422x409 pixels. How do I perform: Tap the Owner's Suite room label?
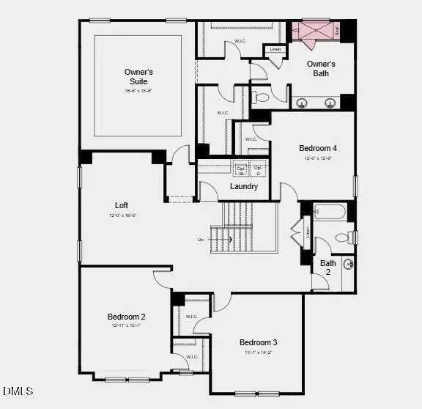coord(138,76)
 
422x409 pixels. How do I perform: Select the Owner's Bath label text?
coord(321,68)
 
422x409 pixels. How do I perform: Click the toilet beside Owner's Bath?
coord(262,96)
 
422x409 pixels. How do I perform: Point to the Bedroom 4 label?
coord(317,148)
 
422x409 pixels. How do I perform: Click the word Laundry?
coord(244,186)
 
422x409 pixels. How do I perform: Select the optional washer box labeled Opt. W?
coord(240,170)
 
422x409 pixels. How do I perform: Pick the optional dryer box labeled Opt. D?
coord(258,170)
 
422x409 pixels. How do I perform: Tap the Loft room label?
coord(122,205)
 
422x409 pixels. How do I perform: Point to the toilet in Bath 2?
coord(342,237)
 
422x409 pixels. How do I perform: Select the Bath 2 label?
coord(328,268)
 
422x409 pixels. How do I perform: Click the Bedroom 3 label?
coord(258,342)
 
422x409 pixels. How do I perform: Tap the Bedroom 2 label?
coord(126,317)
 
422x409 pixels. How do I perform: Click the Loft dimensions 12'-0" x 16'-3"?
coord(122,215)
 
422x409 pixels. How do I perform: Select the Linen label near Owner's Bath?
coord(275,50)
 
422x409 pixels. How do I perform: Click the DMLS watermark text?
coord(18,391)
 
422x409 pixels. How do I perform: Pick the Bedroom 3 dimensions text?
coord(258,353)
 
